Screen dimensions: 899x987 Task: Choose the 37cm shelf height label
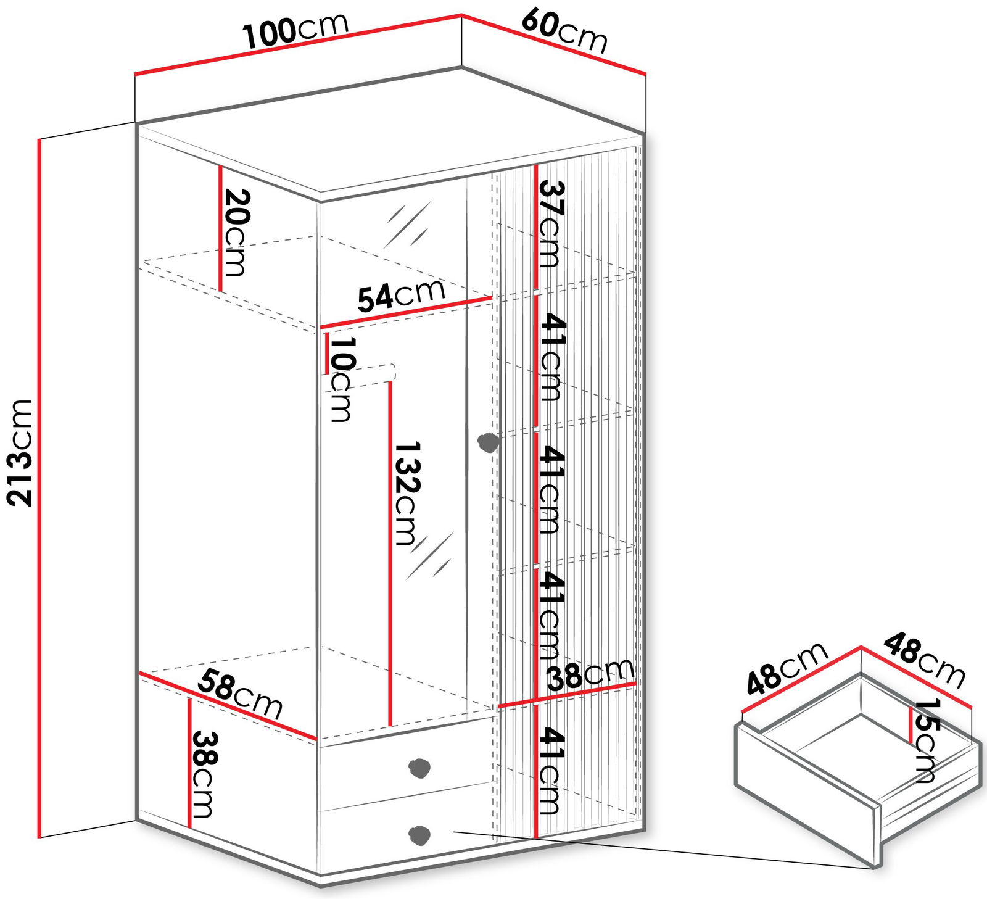tap(551, 223)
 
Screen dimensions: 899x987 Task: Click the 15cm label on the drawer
tap(925, 740)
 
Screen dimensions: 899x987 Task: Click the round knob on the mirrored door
tap(489, 442)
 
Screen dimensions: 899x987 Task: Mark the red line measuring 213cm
tap(39, 487)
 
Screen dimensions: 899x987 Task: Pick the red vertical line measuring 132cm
tap(390, 555)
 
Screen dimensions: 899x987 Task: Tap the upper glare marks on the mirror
tap(407, 225)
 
